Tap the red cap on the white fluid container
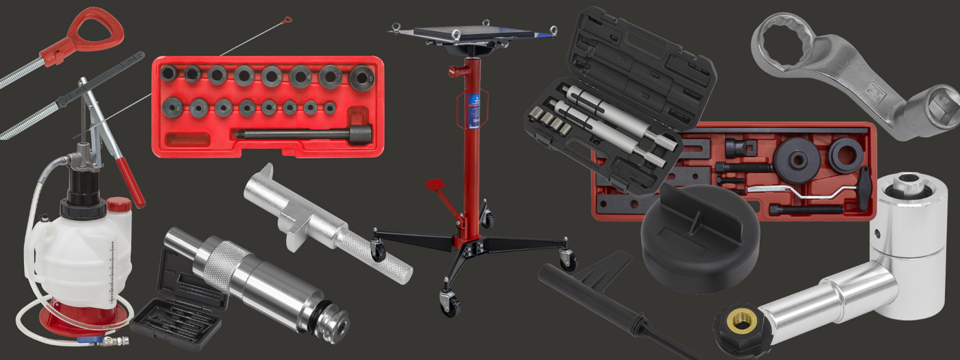[119, 204]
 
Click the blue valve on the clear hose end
[88, 339]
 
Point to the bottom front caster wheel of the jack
[451, 304]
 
